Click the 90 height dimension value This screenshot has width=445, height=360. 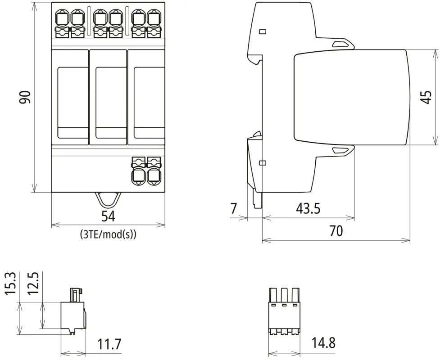[26, 97]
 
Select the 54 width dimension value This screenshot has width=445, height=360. [108, 216]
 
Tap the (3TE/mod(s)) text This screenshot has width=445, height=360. [108, 234]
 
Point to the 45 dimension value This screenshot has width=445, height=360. [426, 97]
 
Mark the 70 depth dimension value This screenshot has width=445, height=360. [336, 231]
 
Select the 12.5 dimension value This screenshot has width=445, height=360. [33, 283]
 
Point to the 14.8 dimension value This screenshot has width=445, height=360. [323, 343]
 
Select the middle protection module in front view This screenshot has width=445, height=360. [108, 97]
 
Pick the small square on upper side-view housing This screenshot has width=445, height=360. [263, 32]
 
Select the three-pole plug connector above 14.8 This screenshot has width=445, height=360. [284, 311]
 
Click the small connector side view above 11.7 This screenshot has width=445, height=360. [73, 312]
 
